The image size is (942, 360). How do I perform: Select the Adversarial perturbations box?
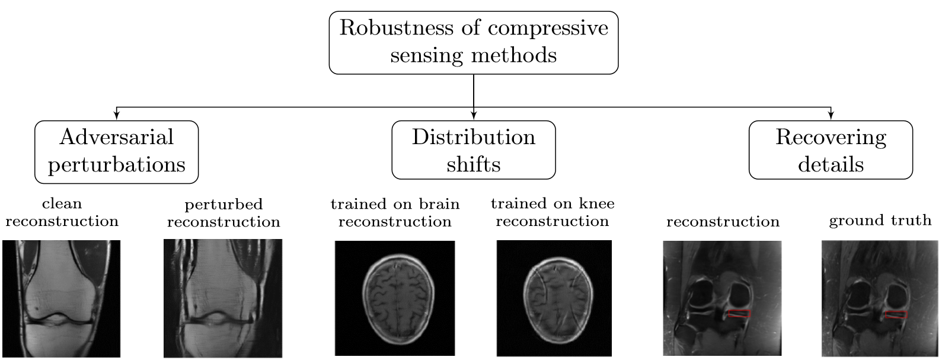tap(117, 151)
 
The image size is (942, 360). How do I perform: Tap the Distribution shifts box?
tap(473, 150)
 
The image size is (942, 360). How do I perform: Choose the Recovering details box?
tap(831, 150)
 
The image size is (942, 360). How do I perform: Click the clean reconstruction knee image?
tap(62, 298)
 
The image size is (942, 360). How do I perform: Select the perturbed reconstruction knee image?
tap(223, 298)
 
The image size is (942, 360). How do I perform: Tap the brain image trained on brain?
tap(395, 298)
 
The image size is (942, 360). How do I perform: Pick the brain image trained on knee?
tap(553, 298)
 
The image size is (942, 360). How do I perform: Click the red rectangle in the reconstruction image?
tap(739, 314)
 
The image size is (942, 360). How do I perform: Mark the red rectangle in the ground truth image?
tap(896, 315)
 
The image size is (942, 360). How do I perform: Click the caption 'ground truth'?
tap(880, 221)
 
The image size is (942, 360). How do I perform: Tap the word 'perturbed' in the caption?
tap(223, 205)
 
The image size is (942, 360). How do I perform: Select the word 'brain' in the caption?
tap(439, 204)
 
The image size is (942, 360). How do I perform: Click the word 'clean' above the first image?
tap(62, 204)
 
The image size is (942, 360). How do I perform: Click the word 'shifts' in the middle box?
tap(473, 164)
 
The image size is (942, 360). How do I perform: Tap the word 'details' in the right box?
tap(831, 164)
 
